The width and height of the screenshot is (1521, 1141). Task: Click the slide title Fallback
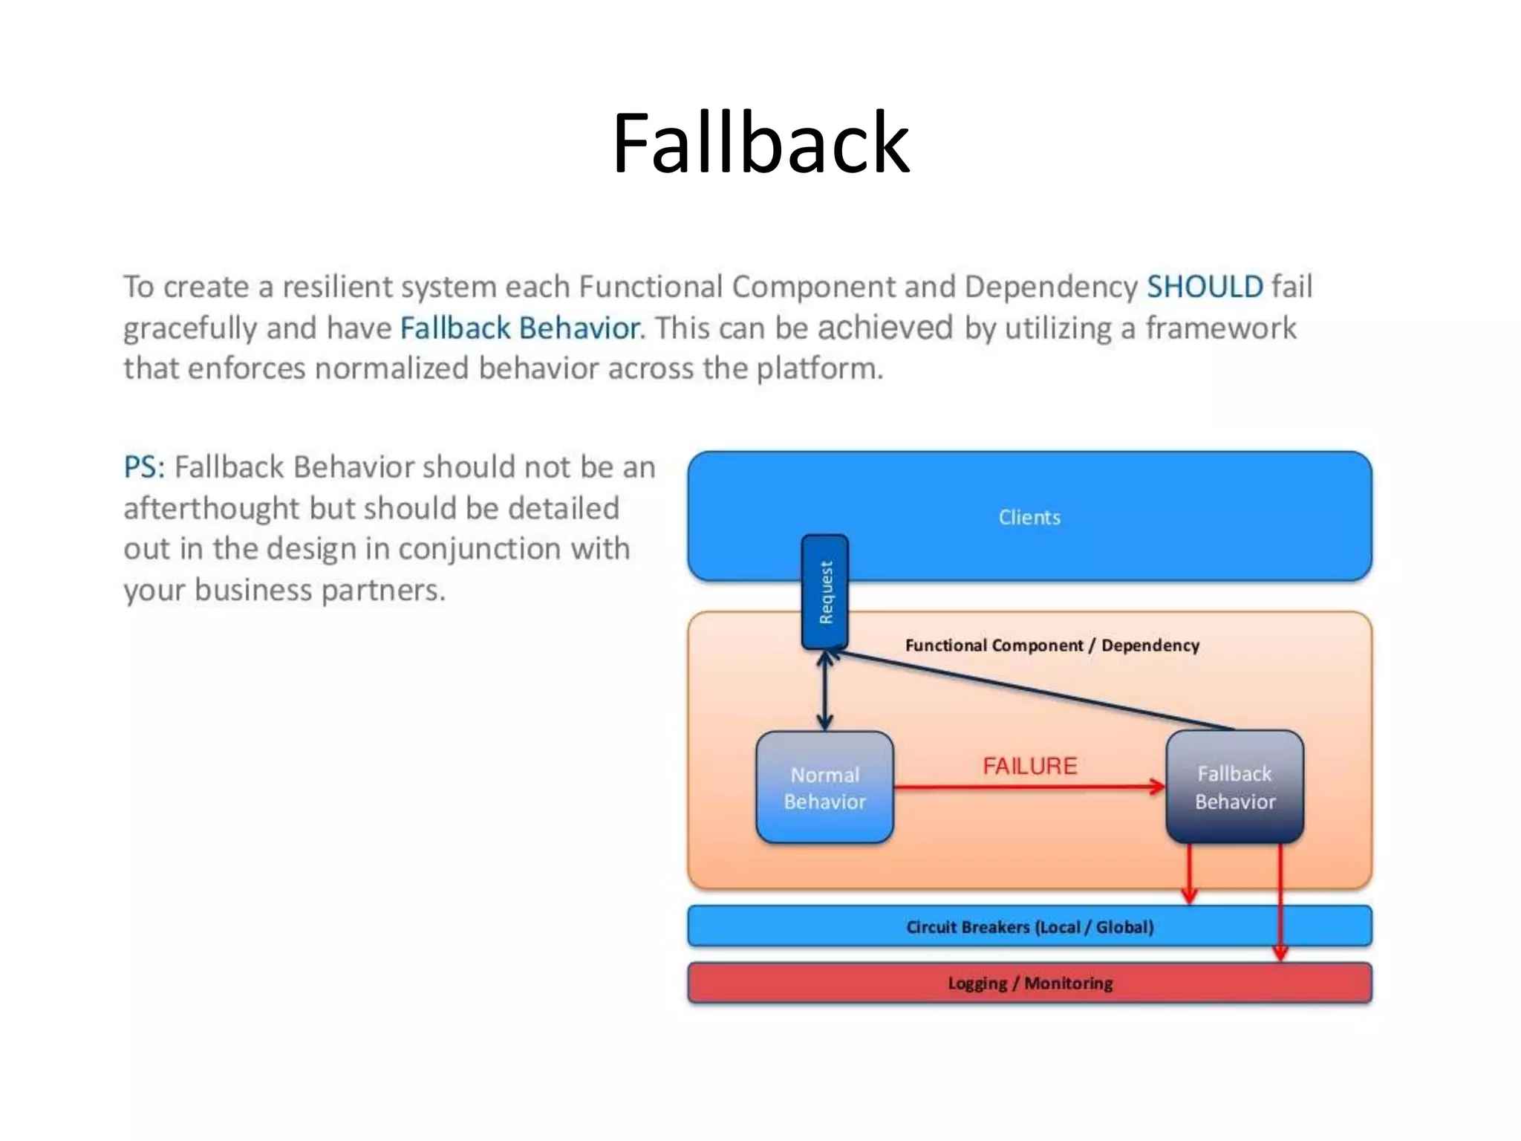tap(760, 143)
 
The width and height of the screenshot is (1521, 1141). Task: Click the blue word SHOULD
tap(1205, 287)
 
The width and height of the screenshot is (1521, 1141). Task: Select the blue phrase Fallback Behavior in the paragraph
tap(520, 328)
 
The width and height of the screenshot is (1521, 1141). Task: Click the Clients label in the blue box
tap(1029, 517)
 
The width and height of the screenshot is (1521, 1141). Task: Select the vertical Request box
tap(824, 592)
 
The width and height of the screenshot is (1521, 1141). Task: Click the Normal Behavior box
tap(824, 787)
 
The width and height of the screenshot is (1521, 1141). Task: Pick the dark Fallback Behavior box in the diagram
tap(1234, 787)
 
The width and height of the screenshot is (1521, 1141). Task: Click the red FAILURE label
tap(1029, 766)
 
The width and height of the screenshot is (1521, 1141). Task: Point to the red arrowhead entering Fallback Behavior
tap(1158, 787)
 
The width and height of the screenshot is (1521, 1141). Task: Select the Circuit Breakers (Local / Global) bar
tap(1029, 926)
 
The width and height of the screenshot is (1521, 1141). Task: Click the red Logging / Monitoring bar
tap(1029, 983)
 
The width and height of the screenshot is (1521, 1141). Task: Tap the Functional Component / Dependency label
tap(1052, 645)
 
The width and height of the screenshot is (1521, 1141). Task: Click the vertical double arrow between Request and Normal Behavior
tap(824, 691)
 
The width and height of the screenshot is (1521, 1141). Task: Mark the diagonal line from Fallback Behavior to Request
tap(1032, 691)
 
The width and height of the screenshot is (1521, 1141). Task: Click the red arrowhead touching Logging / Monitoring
tap(1280, 952)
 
